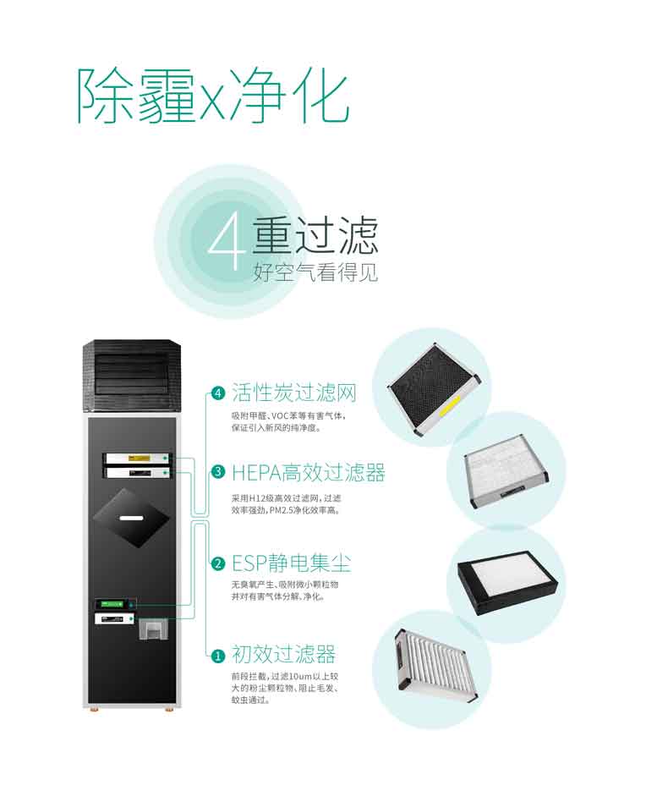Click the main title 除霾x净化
pyautogui.click(x=213, y=96)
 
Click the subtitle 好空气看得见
pyautogui.click(x=315, y=273)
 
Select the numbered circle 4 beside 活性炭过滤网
pyautogui.click(x=218, y=393)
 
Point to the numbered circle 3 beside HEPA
pyautogui.click(x=218, y=472)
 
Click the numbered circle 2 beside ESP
pyautogui.click(x=218, y=563)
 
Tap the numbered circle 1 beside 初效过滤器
pyautogui.click(x=218, y=656)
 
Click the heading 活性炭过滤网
pyautogui.click(x=294, y=393)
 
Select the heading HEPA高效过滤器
pyautogui.click(x=309, y=473)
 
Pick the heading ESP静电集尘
pyautogui.click(x=291, y=563)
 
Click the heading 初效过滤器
pyautogui.click(x=284, y=654)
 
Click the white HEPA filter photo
pyautogui.click(x=506, y=470)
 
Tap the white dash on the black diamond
pyautogui.click(x=132, y=518)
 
